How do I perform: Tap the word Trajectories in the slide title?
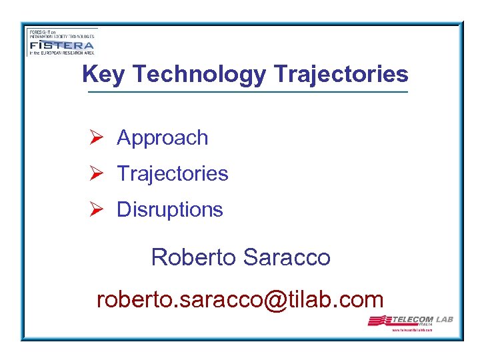click(339, 74)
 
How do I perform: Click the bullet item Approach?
click(163, 138)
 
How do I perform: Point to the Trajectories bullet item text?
click(173, 174)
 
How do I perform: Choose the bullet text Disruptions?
click(170, 209)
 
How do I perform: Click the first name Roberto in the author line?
click(194, 257)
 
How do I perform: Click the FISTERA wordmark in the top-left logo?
click(61, 45)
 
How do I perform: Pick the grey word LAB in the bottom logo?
click(445, 319)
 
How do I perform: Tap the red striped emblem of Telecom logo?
click(381, 321)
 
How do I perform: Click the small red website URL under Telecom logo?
click(413, 330)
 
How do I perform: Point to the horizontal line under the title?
click(247, 92)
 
